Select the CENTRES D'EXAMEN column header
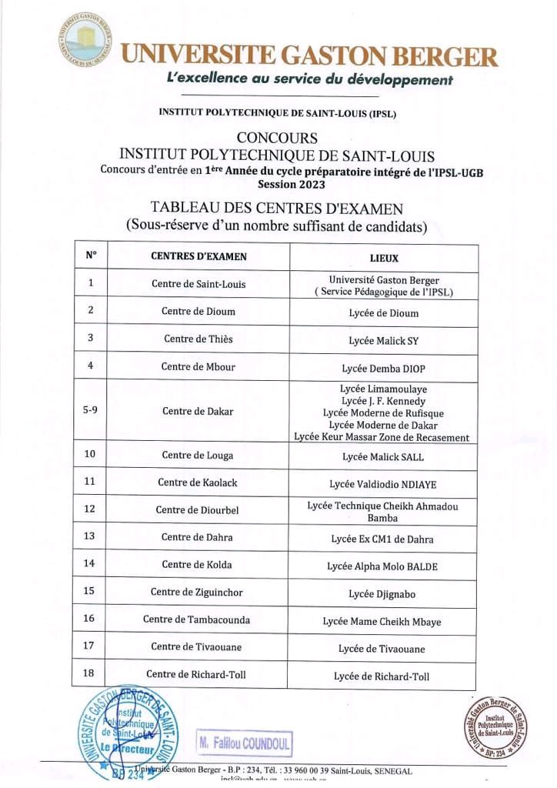point(198,256)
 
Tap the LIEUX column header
point(384,257)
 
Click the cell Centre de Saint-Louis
point(198,284)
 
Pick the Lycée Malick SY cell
point(384,340)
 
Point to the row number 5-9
point(90,410)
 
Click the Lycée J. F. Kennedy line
point(383,401)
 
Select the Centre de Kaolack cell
point(198,482)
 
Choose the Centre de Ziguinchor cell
point(198,591)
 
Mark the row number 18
point(89,674)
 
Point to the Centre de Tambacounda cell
point(197,619)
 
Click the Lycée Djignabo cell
point(383,593)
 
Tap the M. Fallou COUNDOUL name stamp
point(244,744)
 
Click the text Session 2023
point(292,185)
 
